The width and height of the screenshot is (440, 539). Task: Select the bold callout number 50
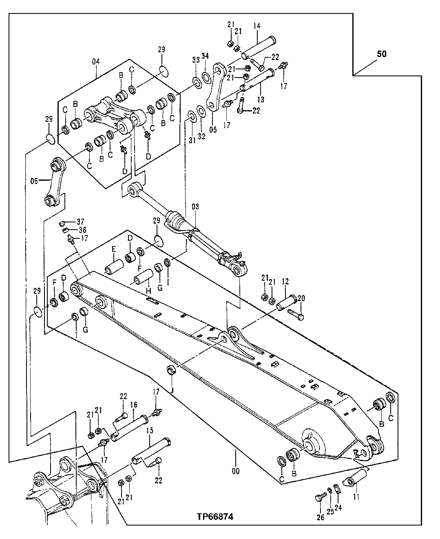pyautogui.click(x=382, y=54)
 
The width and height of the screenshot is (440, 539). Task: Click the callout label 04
pyautogui.click(x=96, y=61)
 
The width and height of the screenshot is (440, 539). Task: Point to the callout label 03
pyautogui.click(x=195, y=207)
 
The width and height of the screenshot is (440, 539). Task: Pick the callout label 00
pyautogui.click(x=235, y=471)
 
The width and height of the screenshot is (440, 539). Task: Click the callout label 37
pyautogui.click(x=80, y=222)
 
